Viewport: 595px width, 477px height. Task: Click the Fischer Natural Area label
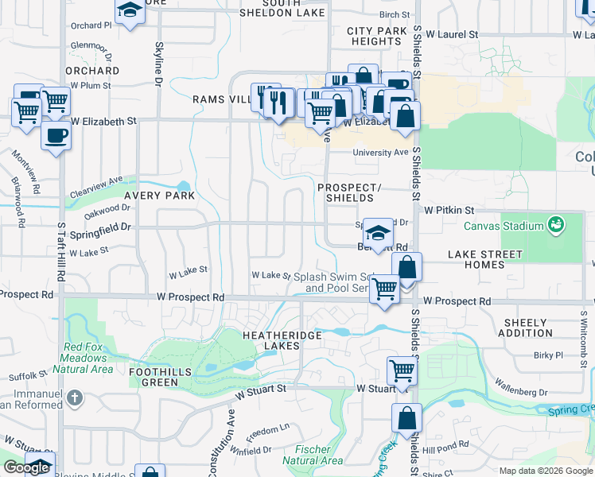[x=313, y=455]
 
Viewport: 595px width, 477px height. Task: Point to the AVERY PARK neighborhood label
[x=159, y=195]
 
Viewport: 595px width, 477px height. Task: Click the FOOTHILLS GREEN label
[x=154, y=376]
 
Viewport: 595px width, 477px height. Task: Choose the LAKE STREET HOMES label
[x=484, y=259]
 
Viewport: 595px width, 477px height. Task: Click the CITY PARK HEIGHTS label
[x=376, y=36]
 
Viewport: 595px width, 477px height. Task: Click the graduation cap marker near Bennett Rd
[x=378, y=233]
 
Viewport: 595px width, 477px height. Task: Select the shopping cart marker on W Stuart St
[x=402, y=370]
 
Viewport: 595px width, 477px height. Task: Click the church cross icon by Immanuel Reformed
[x=74, y=397]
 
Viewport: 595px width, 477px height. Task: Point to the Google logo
[x=26, y=467]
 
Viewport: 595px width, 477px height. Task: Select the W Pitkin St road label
[x=449, y=210]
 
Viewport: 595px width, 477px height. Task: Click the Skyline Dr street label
[x=159, y=64]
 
